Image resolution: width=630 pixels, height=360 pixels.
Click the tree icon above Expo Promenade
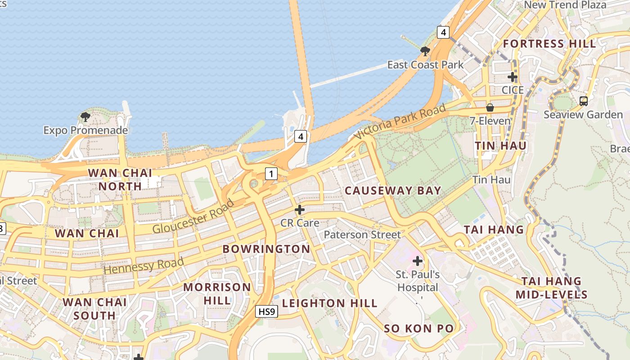[85, 117]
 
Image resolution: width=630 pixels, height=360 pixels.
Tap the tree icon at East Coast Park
[425, 51]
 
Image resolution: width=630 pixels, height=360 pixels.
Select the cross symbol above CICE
[513, 77]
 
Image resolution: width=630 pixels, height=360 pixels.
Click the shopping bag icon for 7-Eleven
[490, 108]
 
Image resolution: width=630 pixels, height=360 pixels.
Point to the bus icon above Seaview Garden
[584, 101]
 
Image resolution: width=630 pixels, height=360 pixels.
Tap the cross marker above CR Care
[300, 210]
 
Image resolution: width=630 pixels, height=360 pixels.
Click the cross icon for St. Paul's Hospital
[418, 261]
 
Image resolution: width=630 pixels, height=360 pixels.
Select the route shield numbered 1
[271, 173]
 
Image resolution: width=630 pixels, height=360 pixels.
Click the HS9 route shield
[266, 311]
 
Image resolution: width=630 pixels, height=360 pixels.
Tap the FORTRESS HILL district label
[549, 44]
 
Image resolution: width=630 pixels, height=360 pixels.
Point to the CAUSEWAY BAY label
[393, 190]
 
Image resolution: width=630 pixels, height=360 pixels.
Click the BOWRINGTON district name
[266, 249]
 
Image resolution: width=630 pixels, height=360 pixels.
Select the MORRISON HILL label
[217, 293]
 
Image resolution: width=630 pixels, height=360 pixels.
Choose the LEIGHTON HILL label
[330, 303]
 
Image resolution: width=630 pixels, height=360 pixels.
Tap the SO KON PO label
[419, 328]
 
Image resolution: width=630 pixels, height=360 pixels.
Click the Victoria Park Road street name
[400, 121]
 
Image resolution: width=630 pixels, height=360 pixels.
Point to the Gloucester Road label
[193, 216]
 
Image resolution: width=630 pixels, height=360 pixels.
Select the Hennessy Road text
[144, 265]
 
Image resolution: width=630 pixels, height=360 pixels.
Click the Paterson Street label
[362, 234]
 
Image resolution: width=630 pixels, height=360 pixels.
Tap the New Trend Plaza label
[565, 5]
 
